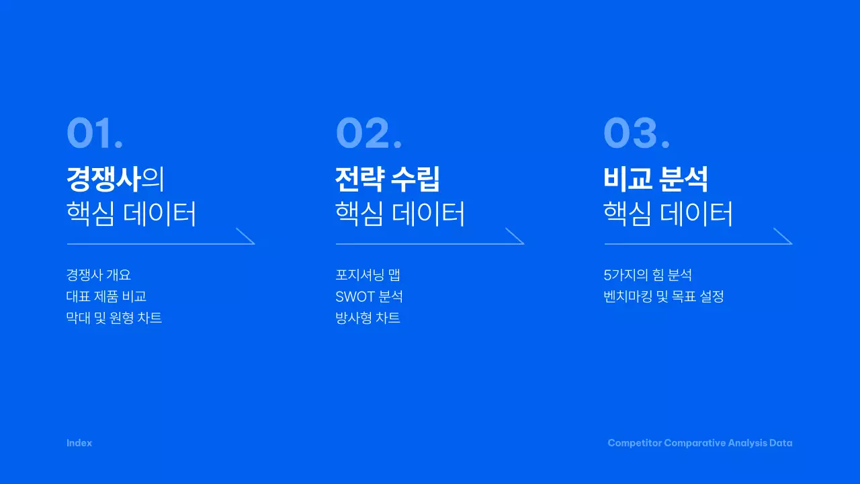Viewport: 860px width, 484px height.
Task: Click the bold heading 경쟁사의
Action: pyautogui.click(x=115, y=179)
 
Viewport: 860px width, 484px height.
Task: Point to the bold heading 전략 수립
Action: pyautogui.click(x=388, y=179)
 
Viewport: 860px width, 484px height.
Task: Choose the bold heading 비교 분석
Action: pyautogui.click(x=656, y=179)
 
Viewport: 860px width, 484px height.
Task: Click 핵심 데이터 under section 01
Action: pyautogui.click(x=132, y=214)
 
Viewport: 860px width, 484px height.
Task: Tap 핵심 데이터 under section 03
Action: pyautogui.click(x=669, y=214)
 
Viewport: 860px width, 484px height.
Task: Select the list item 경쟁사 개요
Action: pyautogui.click(x=98, y=275)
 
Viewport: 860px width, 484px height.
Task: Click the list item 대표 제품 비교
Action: pyautogui.click(x=106, y=296)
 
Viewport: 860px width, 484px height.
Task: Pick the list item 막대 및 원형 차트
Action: pyautogui.click(x=114, y=318)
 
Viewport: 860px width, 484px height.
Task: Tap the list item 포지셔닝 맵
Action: pyautogui.click(x=368, y=275)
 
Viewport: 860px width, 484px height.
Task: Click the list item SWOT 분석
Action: pyautogui.click(x=369, y=296)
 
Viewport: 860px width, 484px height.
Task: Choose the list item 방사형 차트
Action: pyautogui.click(x=368, y=318)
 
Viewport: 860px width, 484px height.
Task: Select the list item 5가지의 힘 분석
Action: pyautogui.click(x=648, y=275)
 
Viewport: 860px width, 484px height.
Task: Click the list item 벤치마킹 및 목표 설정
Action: pyautogui.click(x=664, y=296)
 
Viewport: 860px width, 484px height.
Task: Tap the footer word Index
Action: pyautogui.click(x=79, y=443)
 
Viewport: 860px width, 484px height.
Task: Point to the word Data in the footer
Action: pyautogui.click(x=781, y=443)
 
